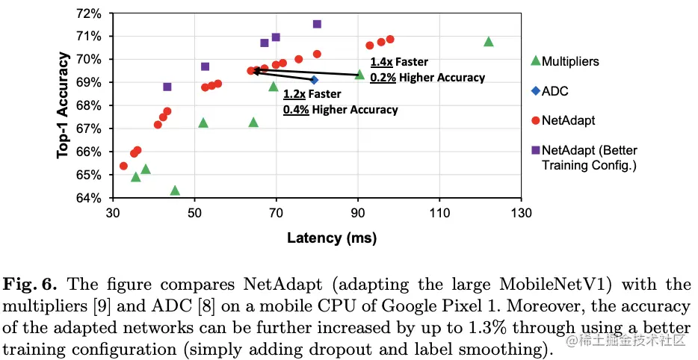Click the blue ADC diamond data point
(x=314, y=80)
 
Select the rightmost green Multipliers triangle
(x=489, y=42)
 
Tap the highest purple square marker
(x=317, y=24)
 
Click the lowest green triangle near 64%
(x=175, y=190)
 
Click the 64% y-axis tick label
(x=96, y=198)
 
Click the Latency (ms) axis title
(x=330, y=238)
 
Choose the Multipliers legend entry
(x=570, y=60)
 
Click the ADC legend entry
(x=555, y=91)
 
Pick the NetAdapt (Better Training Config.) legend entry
(x=588, y=156)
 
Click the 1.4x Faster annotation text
(x=399, y=63)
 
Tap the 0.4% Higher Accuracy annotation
(x=340, y=110)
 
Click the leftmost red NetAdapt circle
(x=123, y=166)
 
